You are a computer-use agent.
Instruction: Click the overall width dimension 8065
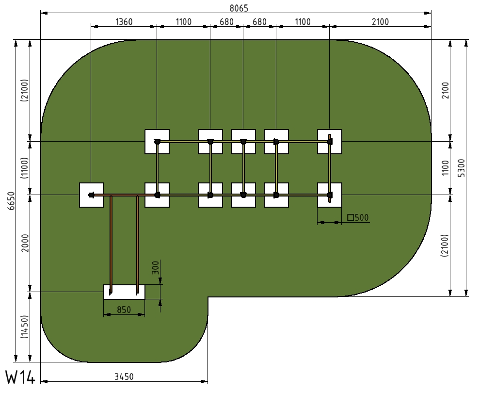239,8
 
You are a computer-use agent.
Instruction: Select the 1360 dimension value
124,22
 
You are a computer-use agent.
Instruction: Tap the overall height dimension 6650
11,201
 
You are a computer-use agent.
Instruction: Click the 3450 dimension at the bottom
124,377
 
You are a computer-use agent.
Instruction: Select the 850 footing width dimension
124,310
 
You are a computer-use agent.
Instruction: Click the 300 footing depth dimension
156,267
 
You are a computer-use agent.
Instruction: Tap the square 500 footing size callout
358,217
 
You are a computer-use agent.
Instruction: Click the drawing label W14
20,377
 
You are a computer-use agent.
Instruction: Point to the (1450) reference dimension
25,327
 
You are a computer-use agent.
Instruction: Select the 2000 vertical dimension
25,243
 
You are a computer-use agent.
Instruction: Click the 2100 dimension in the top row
380,22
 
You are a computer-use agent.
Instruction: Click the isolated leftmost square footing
91,195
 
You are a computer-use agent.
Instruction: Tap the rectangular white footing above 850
124,292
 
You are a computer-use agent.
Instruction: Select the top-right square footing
330,142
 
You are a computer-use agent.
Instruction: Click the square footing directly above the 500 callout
330,195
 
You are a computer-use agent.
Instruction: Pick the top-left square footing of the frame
157,142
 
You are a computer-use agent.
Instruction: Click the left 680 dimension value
227,22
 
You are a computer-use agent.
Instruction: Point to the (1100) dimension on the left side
25,168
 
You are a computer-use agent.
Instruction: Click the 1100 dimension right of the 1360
184,22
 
